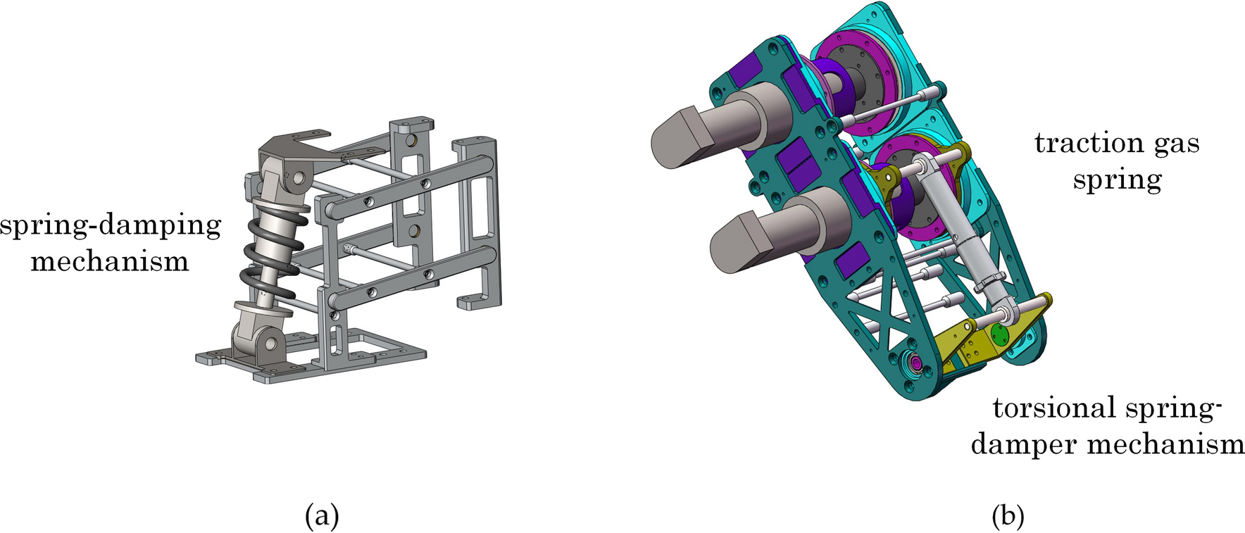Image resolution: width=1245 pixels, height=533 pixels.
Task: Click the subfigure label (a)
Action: [x=322, y=517]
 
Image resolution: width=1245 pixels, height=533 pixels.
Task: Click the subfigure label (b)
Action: [x=1008, y=517]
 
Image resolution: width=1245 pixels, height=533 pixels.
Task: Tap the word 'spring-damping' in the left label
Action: [x=111, y=227]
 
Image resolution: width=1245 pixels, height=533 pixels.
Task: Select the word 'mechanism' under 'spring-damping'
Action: [x=110, y=262]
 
